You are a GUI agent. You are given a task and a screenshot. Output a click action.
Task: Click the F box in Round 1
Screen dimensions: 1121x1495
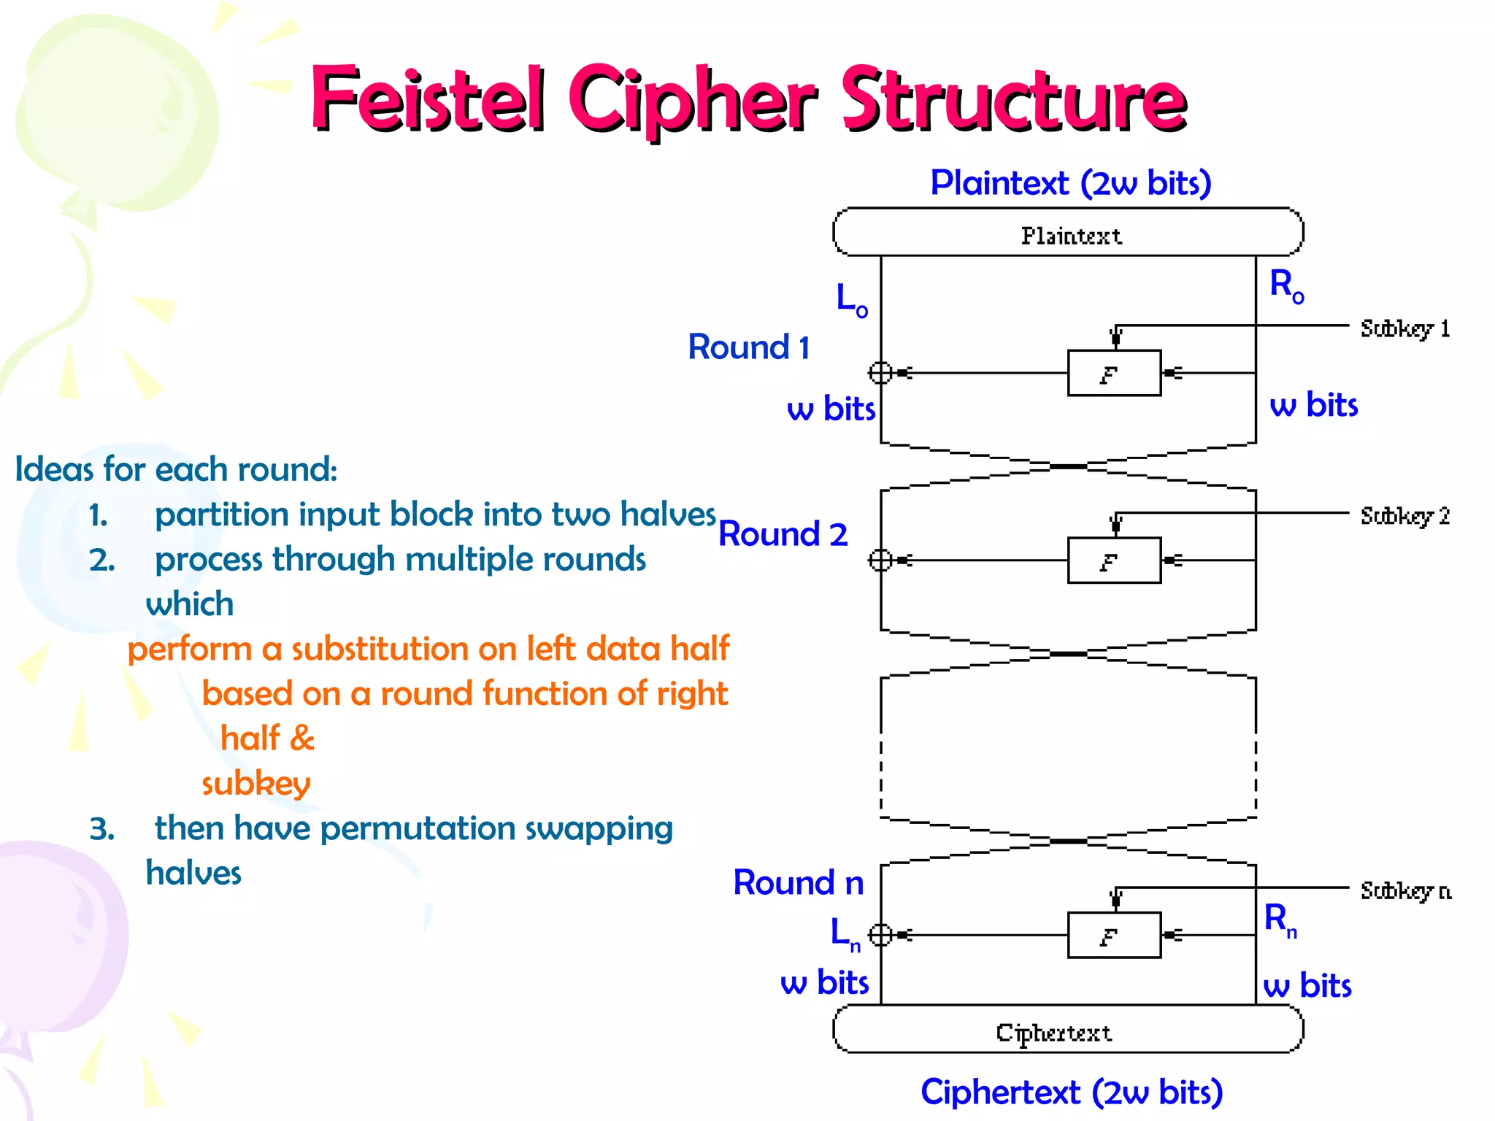coord(1113,373)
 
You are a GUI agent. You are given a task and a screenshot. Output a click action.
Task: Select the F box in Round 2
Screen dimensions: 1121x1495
coord(1113,560)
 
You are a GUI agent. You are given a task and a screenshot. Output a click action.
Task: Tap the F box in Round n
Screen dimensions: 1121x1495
coord(1113,935)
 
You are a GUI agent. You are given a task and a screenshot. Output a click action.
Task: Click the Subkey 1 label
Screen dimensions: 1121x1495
coord(1404,328)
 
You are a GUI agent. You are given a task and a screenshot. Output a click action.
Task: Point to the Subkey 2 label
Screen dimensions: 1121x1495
coord(1404,516)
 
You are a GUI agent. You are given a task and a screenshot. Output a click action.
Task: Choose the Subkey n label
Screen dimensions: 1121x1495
coord(1405,890)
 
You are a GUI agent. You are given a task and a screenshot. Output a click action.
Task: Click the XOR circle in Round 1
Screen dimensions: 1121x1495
coord(880,373)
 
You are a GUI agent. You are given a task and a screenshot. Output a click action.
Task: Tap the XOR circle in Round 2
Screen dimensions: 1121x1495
coord(880,560)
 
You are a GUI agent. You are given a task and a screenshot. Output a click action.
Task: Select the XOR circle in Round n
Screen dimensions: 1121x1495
coord(880,935)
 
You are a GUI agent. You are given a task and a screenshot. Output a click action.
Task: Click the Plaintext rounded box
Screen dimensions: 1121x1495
coord(1068,233)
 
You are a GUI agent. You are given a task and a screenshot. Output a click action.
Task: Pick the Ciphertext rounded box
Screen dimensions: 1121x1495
coord(1068,1030)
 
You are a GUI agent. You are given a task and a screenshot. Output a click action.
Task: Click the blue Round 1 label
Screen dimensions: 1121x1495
coord(749,347)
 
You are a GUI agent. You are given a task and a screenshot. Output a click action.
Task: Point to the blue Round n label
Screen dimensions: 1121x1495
coord(798,882)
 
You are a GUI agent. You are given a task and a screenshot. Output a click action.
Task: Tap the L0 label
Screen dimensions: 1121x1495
coord(851,299)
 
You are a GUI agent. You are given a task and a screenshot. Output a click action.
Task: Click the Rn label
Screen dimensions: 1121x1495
coord(1280,920)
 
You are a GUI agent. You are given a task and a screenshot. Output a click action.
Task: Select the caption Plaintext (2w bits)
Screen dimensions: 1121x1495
coord(1070,182)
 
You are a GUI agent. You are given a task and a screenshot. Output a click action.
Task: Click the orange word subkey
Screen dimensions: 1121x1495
coord(255,783)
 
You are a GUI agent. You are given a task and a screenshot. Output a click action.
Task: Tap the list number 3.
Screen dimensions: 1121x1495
coord(101,829)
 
